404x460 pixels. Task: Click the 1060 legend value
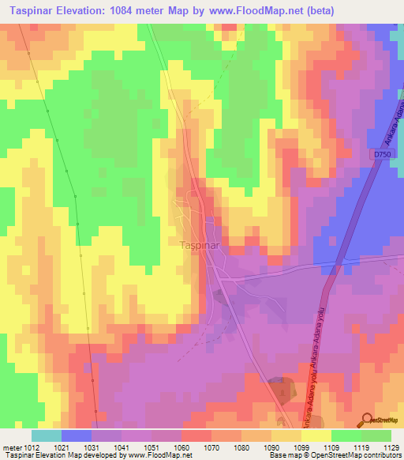(x=181, y=447)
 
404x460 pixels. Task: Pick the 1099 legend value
(x=301, y=447)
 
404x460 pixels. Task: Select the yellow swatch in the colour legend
(x=316, y=435)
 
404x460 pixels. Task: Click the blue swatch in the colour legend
(x=76, y=435)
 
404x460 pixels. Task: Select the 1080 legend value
(x=241, y=447)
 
